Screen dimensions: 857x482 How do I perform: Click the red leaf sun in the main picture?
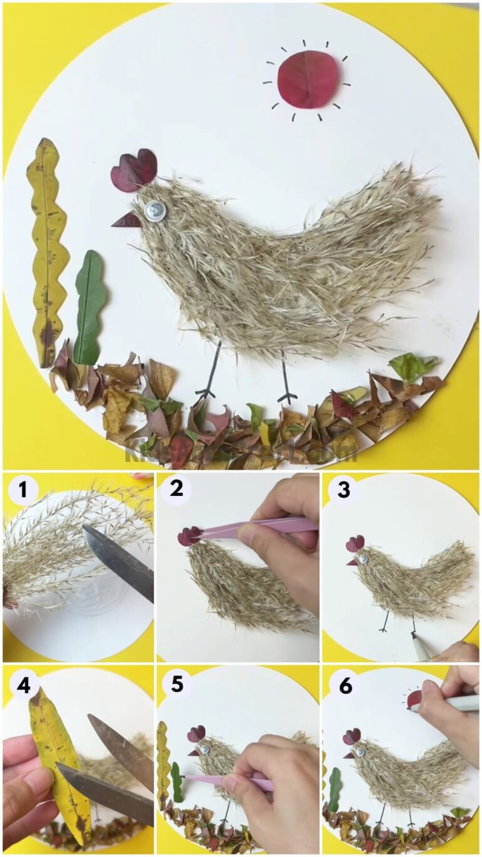coord(309,79)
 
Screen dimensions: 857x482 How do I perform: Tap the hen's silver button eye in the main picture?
coord(154,210)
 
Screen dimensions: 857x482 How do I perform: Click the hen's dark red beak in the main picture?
coord(127,219)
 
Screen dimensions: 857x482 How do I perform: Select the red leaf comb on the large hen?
coord(134,170)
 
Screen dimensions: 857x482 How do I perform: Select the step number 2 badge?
coord(176,488)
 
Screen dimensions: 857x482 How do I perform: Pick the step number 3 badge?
coord(343,489)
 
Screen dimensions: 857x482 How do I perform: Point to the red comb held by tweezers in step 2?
coord(188,536)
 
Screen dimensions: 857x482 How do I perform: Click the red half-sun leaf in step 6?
coord(413,699)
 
